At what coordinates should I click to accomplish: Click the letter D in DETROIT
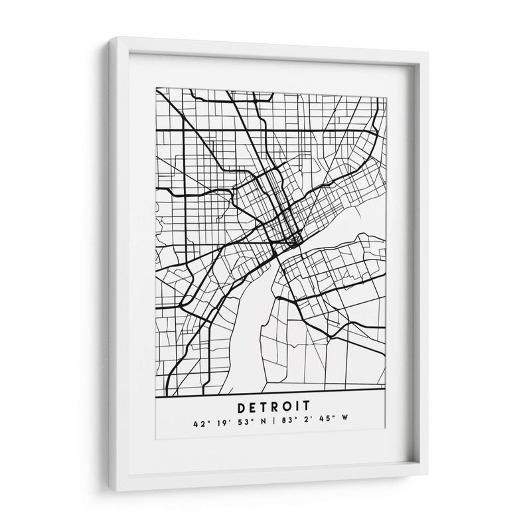pyautogui.click(x=239, y=404)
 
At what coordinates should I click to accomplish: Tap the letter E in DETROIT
pyautogui.click(x=252, y=404)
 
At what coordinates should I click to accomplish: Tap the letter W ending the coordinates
pyautogui.click(x=336, y=420)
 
